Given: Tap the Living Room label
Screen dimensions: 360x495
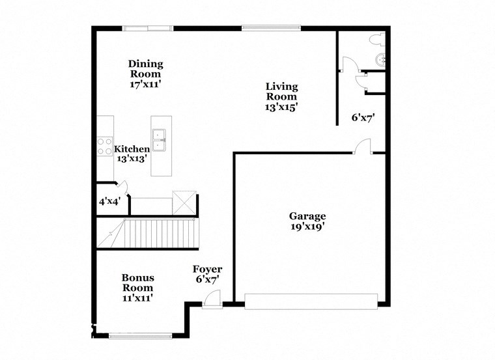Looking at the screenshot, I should (281, 96).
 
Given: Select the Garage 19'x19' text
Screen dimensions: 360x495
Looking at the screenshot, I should (307, 221).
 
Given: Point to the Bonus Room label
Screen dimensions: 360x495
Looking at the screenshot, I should (137, 287).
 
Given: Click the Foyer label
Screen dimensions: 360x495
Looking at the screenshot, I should (207, 274).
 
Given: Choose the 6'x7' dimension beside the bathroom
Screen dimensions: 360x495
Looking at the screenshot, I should (363, 118).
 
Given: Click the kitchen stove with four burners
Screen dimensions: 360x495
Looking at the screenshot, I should (104, 146).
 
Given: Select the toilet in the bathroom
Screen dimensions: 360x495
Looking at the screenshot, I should (376, 40).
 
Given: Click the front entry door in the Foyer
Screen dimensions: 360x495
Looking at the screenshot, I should (211, 300).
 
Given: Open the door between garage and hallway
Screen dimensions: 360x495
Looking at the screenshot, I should (363, 147).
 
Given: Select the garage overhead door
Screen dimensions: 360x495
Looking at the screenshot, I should (311, 301).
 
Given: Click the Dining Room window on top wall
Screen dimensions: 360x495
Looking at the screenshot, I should (148, 27).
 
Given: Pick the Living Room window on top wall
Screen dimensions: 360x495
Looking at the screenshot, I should (271, 27).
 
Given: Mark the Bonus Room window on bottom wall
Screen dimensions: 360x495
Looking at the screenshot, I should (141, 336).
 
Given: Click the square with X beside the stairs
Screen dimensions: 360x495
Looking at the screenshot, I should (184, 202).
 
